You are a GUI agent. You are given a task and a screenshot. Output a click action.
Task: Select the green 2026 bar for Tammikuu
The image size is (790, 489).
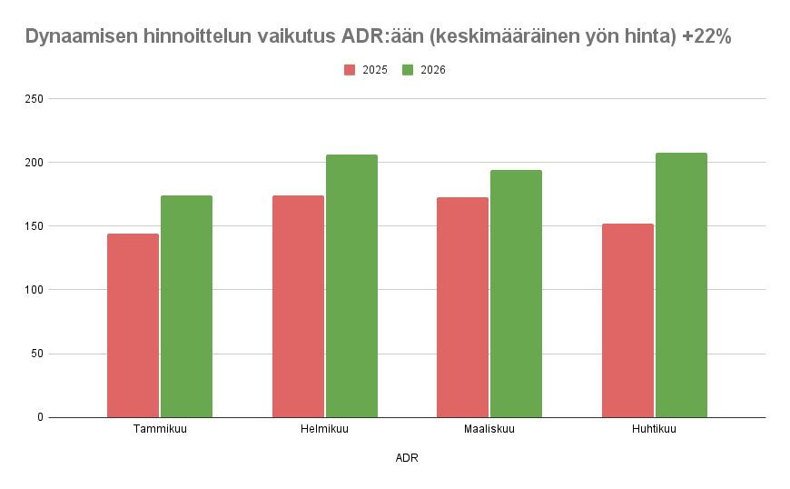click(186, 306)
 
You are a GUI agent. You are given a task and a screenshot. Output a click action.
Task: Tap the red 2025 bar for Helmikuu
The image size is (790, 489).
click(298, 306)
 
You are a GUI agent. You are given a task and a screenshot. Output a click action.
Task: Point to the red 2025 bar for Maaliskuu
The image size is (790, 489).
click(462, 307)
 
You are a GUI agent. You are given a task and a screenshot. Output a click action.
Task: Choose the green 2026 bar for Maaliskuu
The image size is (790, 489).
click(516, 294)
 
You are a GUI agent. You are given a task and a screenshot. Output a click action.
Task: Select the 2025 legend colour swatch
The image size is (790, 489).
click(350, 70)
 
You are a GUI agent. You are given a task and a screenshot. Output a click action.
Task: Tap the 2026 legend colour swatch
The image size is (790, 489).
click(408, 70)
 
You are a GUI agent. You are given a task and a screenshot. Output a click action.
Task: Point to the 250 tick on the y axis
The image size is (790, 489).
click(34, 98)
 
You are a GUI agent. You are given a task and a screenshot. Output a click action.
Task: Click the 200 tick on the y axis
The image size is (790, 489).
click(34, 162)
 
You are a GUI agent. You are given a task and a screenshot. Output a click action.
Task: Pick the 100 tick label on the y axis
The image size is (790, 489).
click(34, 290)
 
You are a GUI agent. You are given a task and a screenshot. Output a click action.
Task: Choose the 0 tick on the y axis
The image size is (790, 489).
click(40, 417)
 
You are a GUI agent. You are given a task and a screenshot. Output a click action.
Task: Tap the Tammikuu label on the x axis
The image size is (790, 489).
click(160, 429)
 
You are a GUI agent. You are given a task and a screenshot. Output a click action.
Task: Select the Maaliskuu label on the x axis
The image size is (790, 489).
click(489, 429)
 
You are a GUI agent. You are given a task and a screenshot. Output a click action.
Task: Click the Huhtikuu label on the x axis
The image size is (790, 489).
click(654, 429)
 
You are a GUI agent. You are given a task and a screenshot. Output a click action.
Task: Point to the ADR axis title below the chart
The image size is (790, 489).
click(407, 458)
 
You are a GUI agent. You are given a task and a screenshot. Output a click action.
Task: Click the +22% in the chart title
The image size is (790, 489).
click(707, 37)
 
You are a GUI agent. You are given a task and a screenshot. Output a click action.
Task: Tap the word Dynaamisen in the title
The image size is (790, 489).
click(82, 37)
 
